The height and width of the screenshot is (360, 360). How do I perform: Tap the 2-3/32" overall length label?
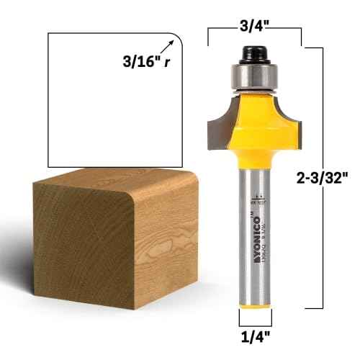pyautogui.click(x=325, y=176)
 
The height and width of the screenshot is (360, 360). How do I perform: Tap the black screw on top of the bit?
pyautogui.click(x=254, y=53)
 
